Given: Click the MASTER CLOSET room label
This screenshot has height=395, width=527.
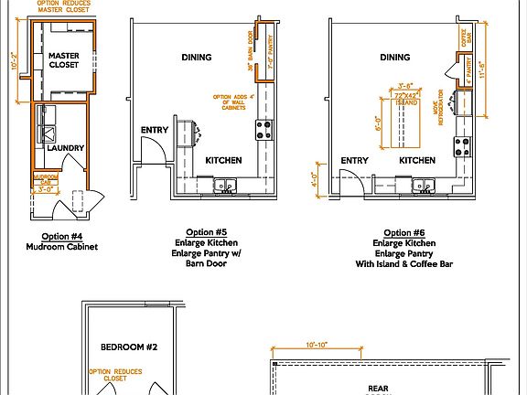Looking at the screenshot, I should [x=64, y=60].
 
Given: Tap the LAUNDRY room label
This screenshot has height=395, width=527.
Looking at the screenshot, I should [x=67, y=148].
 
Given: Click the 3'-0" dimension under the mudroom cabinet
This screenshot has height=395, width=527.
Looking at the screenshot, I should [x=46, y=190].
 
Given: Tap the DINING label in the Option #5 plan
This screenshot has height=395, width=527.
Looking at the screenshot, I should [x=196, y=58].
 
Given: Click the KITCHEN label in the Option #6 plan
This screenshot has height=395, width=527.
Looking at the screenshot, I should [x=417, y=161].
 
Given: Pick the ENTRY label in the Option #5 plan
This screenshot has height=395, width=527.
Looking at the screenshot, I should [x=155, y=130].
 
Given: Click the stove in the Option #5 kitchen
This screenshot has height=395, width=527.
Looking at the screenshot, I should [x=263, y=128].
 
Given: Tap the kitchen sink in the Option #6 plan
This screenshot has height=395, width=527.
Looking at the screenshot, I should [x=425, y=186].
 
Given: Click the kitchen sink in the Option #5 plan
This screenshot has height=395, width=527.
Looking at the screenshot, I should [x=225, y=186].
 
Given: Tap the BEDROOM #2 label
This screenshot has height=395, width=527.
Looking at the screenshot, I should [x=129, y=347].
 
